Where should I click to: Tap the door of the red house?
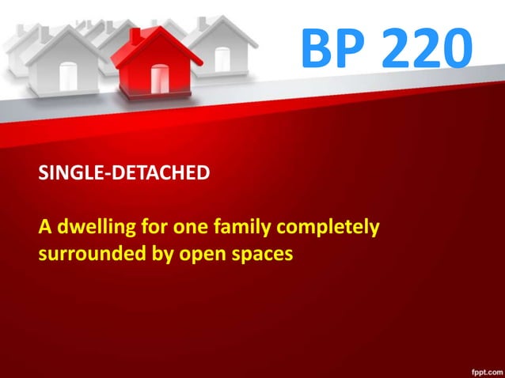(160, 80)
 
